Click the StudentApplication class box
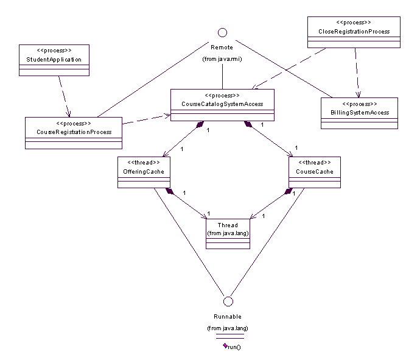click(x=54, y=60)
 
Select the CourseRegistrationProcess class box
click(x=74, y=132)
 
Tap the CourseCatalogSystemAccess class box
click(x=222, y=104)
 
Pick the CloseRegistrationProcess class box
click(x=354, y=32)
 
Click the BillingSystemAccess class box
click(x=359, y=113)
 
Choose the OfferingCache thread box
click(x=143, y=172)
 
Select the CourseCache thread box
click(x=313, y=172)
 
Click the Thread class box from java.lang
click(x=228, y=233)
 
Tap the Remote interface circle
click(x=222, y=32)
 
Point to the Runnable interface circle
click(x=228, y=301)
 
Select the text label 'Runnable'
click(x=228, y=317)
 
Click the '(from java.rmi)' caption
click(x=222, y=59)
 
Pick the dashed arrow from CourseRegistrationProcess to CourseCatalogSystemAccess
click(x=146, y=119)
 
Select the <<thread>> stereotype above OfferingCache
click(x=143, y=163)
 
